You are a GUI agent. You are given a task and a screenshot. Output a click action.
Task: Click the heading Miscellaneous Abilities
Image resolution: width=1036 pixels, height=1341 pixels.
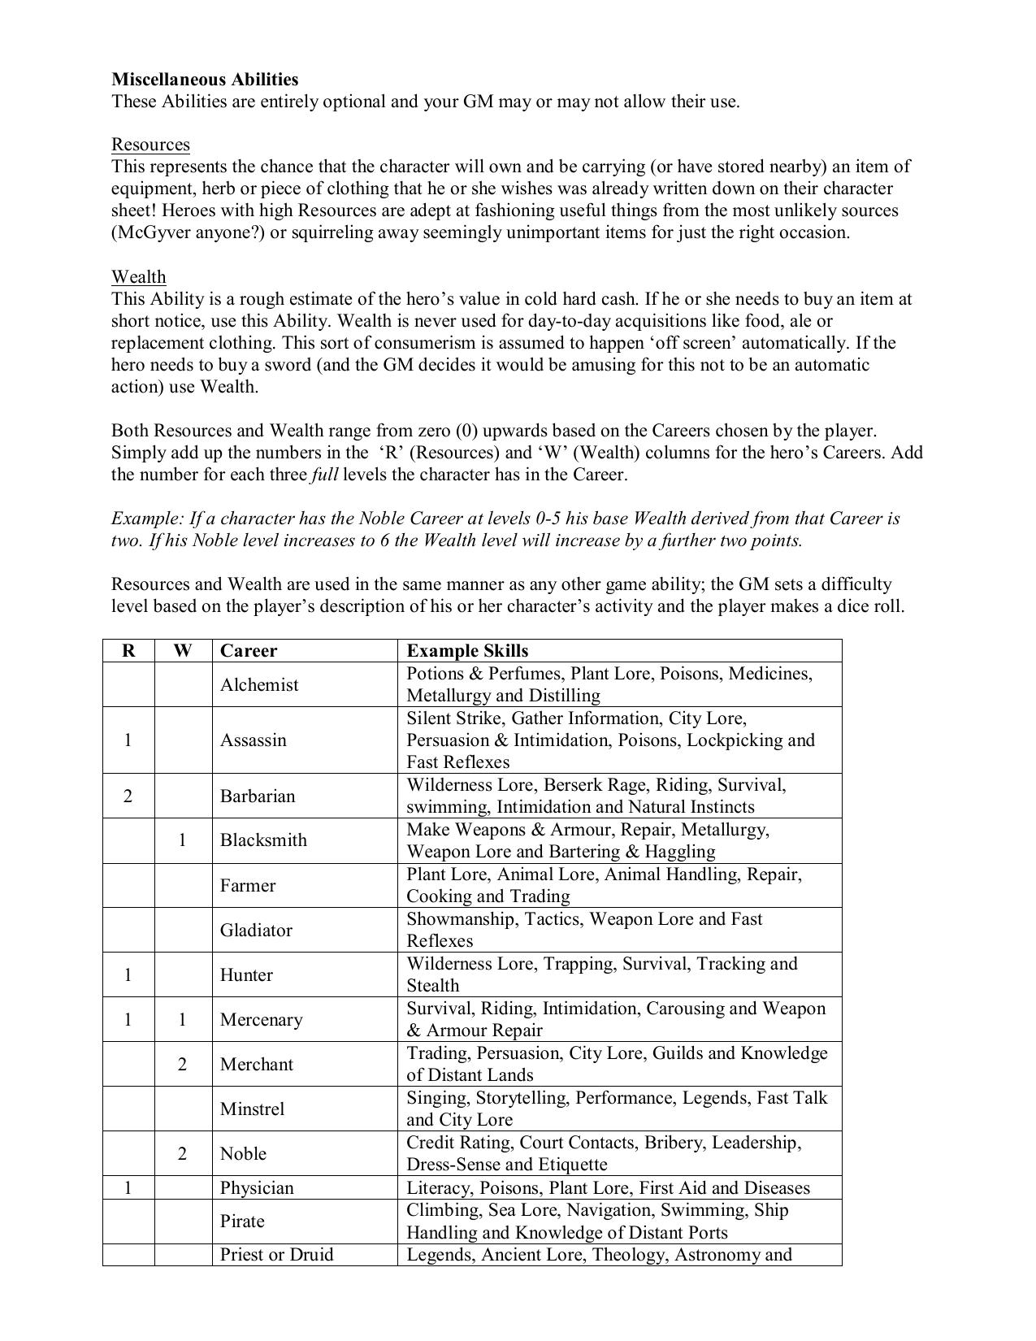pyautogui.click(x=205, y=80)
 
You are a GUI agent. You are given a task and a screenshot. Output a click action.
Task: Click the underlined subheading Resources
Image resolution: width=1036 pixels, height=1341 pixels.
pyautogui.click(x=150, y=145)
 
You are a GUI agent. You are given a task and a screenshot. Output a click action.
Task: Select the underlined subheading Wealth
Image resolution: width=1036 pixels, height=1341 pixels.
pyautogui.click(x=138, y=277)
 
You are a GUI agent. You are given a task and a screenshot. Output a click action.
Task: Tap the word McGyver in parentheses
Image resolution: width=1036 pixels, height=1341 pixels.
pyautogui.click(x=151, y=232)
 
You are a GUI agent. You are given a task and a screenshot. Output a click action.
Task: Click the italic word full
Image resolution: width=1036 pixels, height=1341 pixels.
pyautogui.click(x=324, y=475)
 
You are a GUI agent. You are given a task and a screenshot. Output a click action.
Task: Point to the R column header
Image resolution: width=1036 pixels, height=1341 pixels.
pyautogui.click(x=128, y=651)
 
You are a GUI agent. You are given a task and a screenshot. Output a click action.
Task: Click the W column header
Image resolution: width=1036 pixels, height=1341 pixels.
pyautogui.click(x=183, y=651)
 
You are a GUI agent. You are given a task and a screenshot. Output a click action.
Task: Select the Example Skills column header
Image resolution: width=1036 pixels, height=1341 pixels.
pyautogui.click(x=467, y=651)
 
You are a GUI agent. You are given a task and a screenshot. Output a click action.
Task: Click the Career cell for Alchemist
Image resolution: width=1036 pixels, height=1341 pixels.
pyautogui.click(x=259, y=685)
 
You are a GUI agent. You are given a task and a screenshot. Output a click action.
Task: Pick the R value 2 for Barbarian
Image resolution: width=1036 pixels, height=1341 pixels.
pyautogui.click(x=128, y=796)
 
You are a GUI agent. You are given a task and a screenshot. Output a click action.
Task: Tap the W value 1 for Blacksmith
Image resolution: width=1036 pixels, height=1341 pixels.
pyautogui.click(x=182, y=840)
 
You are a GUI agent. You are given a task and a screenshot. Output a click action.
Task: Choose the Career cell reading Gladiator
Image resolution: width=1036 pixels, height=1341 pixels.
pyautogui.click(x=256, y=930)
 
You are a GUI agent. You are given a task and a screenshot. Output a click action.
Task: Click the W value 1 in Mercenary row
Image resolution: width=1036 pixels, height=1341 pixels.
pyautogui.click(x=182, y=1019)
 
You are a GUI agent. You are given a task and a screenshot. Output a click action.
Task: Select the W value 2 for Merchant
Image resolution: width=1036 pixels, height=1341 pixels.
pyautogui.click(x=182, y=1064)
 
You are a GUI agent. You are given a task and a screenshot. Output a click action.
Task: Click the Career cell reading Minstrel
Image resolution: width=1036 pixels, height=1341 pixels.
pyautogui.click(x=253, y=1109)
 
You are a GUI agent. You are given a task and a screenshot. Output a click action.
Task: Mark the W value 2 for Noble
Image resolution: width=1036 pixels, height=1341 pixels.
pyautogui.click(x=182, y=1153)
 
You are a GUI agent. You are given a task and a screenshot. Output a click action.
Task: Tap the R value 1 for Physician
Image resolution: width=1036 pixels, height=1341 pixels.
pyautogui.click(x=128, y=1187)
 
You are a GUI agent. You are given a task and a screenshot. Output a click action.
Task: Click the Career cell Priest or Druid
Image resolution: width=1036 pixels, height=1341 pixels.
pyautogui.click(x=276, y=1254)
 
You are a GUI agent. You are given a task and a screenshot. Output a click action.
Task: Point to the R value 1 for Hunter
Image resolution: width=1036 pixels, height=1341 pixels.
pyautogui.click(x=128, y=974)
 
